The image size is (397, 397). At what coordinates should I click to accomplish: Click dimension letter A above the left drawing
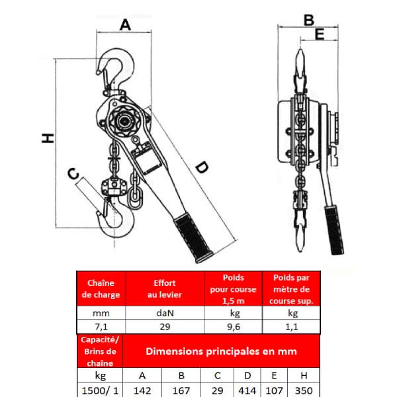coord(125,25)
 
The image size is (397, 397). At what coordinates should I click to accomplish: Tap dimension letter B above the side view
coord(309,21)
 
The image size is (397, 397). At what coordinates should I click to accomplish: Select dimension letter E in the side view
coord(320,34)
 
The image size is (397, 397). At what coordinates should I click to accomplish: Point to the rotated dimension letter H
coord(48,138)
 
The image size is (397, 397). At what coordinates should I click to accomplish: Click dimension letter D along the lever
coord(202,167)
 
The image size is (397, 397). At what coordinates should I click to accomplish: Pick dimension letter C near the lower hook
coord(73,173)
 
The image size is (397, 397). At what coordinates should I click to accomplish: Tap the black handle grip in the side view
coord(334,230)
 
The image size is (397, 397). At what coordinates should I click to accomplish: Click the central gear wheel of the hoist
coord(124,121)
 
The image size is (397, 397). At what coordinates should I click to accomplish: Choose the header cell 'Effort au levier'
coord(165,288)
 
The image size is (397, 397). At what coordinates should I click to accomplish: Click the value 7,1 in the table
coord(101,327)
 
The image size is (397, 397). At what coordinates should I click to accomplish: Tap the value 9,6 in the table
coord(234,327)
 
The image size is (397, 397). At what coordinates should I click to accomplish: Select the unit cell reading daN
coord(165,313)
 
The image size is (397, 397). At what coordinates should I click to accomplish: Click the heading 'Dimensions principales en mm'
coord(221,351)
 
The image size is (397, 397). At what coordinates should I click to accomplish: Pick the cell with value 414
coord(247,390)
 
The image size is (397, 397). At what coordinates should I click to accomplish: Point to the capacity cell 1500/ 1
coord(101,390)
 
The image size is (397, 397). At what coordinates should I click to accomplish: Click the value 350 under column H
coord(304,390)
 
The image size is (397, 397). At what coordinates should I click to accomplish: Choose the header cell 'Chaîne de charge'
coord(101,288)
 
